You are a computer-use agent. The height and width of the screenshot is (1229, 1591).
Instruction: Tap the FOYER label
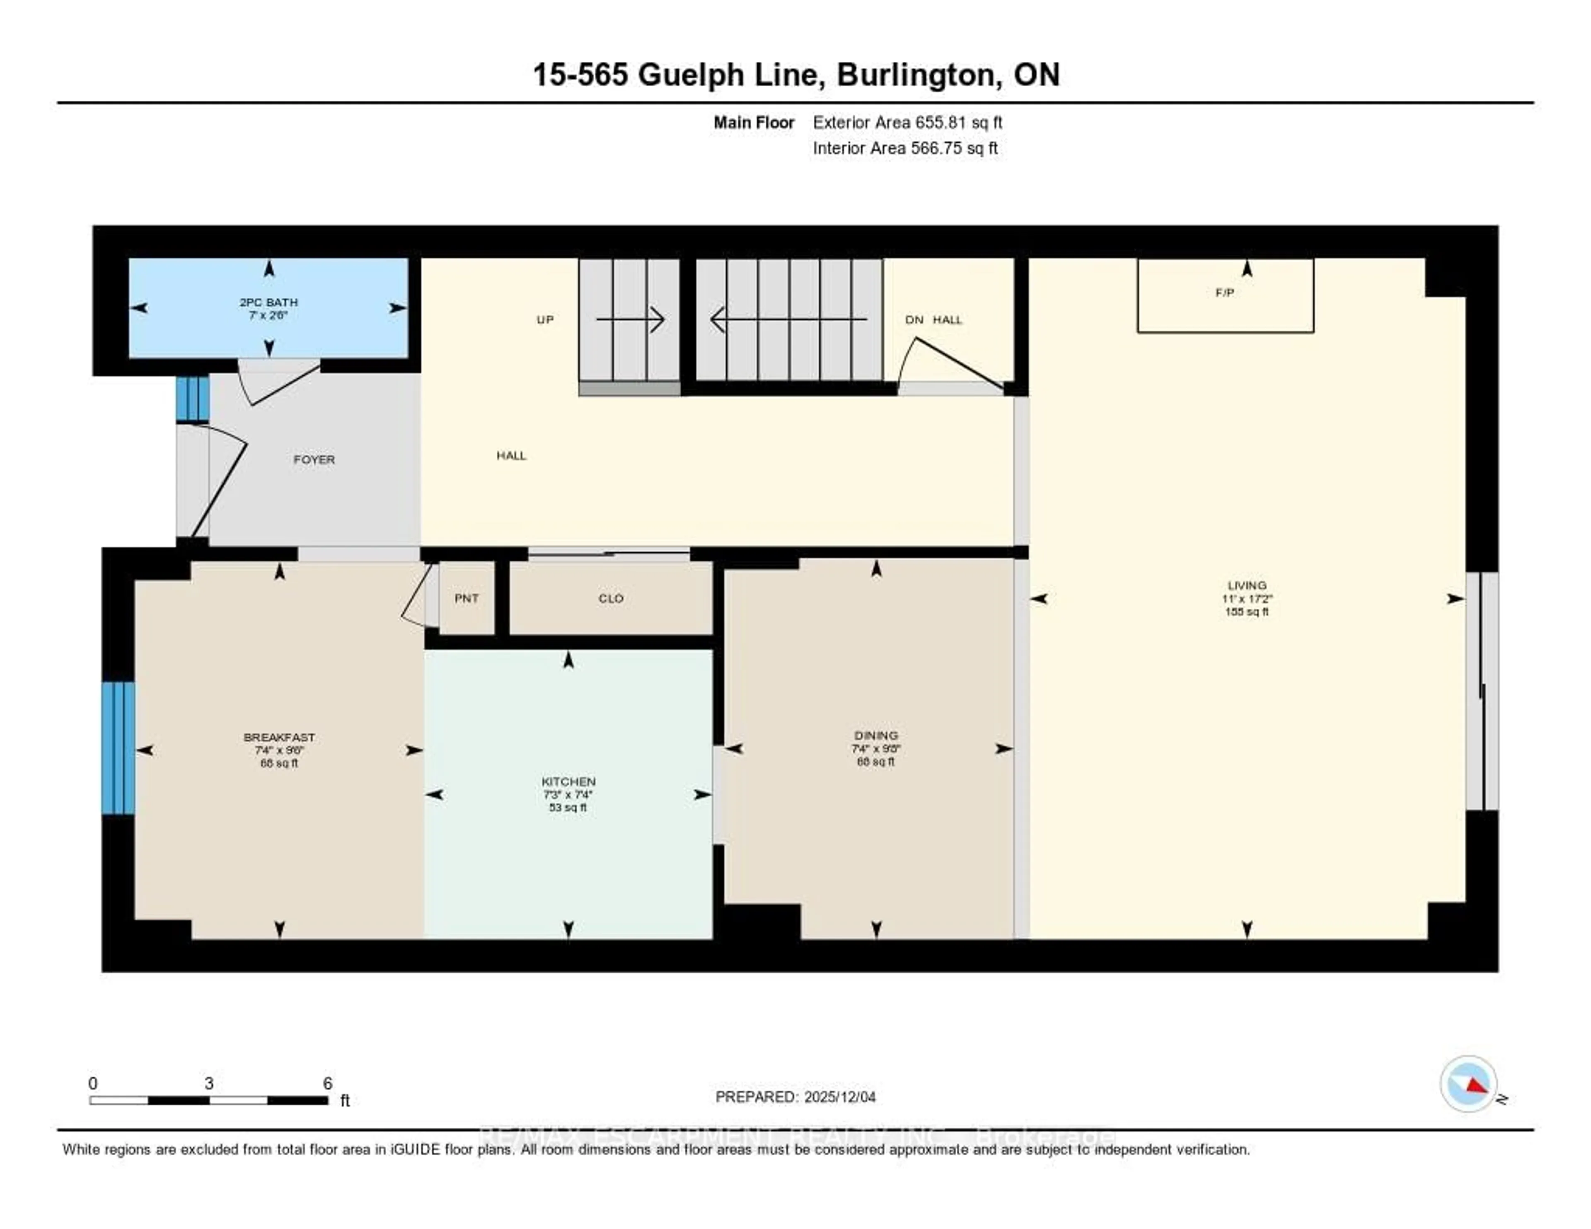(314, 460)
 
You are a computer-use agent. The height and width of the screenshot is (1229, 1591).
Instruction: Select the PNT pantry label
(466, 598)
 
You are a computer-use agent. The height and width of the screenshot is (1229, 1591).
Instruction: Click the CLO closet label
(610, 598)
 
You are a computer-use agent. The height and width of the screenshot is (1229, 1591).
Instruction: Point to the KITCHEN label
(568, 781)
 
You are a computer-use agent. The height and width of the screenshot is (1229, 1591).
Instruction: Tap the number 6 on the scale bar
(328, 1083)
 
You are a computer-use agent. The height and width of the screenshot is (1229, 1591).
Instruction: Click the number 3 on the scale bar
(209, 1083)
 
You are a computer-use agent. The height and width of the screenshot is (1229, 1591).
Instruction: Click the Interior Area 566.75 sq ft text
(905, 149)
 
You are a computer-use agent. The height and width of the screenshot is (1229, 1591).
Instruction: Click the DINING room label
(875, 736)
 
